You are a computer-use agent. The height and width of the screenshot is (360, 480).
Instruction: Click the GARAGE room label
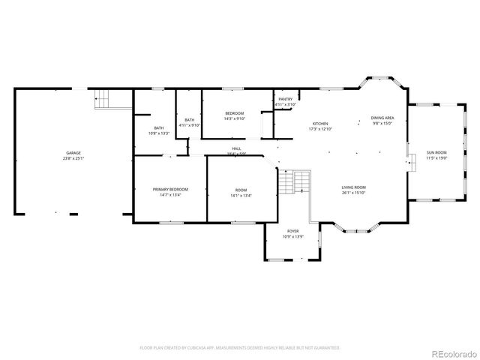coord(73,153)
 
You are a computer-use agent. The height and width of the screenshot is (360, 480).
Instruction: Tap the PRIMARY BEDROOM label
coord(170,189)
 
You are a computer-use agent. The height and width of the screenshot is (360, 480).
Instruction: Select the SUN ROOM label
coord(436,152)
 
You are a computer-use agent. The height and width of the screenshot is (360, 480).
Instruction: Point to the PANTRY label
coord(285,100)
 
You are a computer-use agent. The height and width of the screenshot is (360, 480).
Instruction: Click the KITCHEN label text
coord(320,124)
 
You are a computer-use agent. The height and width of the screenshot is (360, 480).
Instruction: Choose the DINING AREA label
coord(382,118)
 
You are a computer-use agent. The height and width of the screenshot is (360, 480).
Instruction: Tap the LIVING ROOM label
coord(353,187)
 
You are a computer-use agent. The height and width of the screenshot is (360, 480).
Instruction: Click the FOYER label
coord(292,231)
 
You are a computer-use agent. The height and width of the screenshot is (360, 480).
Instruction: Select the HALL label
coord(236,148)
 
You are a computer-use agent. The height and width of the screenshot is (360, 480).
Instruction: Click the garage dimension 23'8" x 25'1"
coord(73,158)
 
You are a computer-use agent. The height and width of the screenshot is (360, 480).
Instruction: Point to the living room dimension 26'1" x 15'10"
coord(353,192)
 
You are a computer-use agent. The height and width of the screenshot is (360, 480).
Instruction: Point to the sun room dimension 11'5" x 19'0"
coord(436,157)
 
